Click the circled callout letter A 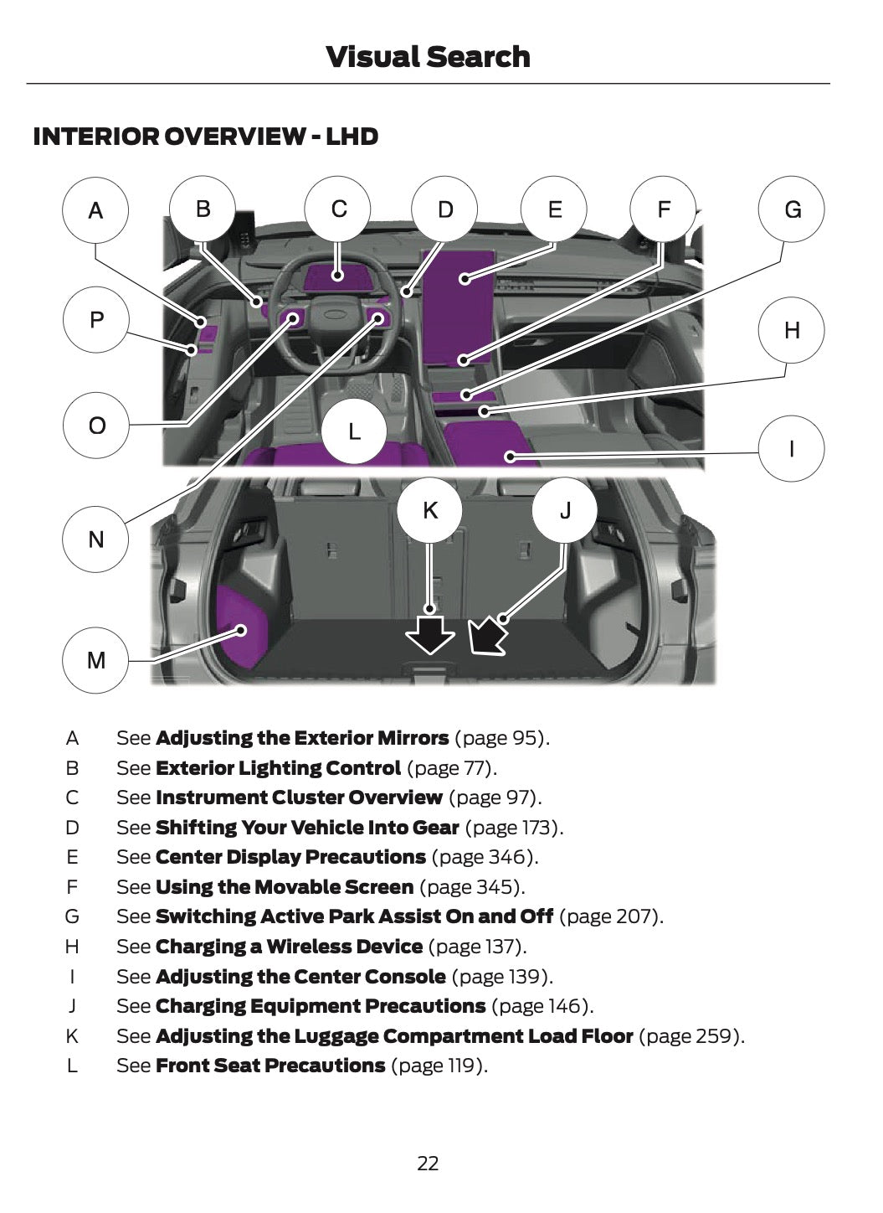95,209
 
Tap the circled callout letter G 792,209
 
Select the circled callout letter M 95,660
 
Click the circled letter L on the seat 354,431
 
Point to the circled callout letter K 429,510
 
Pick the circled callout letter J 565,510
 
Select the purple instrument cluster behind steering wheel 336,276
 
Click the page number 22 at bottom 428,1164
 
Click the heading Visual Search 428,57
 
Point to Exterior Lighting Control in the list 278,768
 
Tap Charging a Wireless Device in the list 289,947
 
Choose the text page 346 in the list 483,857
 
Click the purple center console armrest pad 484,441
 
